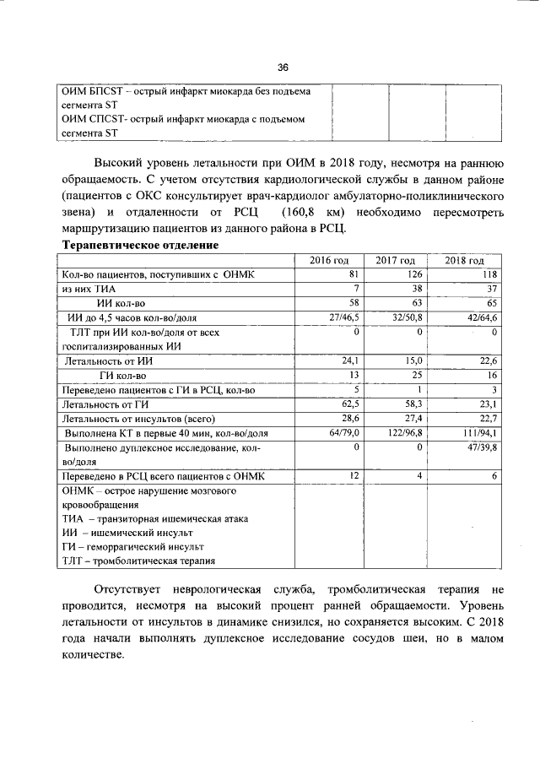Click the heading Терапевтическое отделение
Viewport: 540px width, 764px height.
pyautogui.click(x=141, y=245)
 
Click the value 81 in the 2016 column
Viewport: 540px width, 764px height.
pyautogui.click(x=354, y=274)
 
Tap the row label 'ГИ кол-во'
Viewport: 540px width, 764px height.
pyautogui.click(x=123, y=375)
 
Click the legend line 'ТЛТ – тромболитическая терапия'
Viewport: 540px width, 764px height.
pyautogui.click(x=138, y=561)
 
